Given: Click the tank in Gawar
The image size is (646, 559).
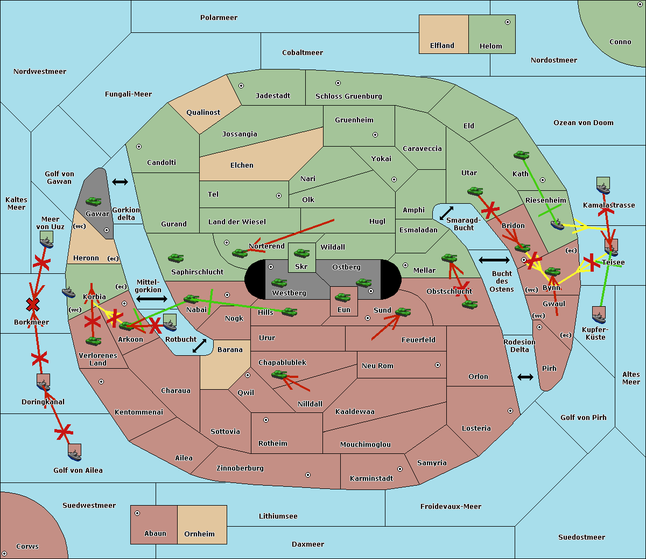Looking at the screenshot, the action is [x=94, y=201].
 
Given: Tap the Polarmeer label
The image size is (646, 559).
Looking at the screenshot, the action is [x=219, y=18].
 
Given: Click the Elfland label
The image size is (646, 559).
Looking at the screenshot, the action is [x=442, y=46].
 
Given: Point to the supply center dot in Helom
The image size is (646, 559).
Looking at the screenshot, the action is [x=508, y=22].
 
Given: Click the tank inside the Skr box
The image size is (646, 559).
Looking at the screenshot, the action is [x=301, y=253].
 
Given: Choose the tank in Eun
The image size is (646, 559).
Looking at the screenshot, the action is [x=342, y=297].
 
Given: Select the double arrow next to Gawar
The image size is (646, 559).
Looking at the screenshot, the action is [x=120, y=182].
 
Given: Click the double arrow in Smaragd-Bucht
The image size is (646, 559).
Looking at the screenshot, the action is [x=446, y=213].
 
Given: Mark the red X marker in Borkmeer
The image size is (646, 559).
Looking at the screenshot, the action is [x=33, y=304].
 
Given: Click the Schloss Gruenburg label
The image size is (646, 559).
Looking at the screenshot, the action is [x=348, y=96].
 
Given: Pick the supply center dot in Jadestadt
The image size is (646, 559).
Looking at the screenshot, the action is [x=241, y=86].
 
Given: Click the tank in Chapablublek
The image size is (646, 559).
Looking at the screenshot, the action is [x=279, y=375].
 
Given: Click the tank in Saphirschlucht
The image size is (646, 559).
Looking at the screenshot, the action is [x=175, y=258].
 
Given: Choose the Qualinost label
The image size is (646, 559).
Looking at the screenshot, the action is [x=203, y=112].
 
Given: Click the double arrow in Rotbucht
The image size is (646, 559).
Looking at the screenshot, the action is [x=199, y=346].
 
